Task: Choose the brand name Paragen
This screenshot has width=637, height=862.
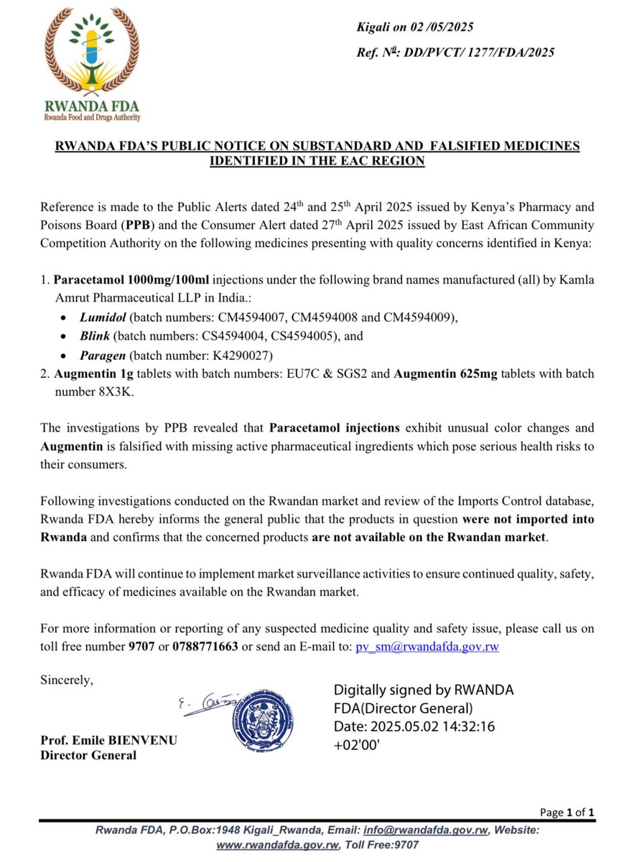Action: pyautogui.click(x=103, y=354)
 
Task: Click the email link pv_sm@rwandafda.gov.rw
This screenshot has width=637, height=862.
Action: pyautogui.click(x=427, y=646)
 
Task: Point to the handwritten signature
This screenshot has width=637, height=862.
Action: pyautogui.click(x=200, y=700)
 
